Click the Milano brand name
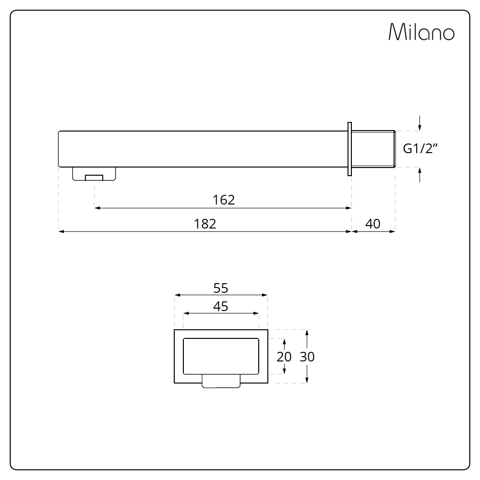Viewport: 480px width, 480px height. [421, 32]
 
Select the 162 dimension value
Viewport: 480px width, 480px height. [224, 200]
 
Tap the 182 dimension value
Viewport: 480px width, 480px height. [205, 224]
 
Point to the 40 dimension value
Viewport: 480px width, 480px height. [373, 224]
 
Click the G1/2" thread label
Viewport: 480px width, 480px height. [420, 148]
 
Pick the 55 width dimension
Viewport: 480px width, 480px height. [221, 288]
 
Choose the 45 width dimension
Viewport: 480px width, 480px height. [221, 306]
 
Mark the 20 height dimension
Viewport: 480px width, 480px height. [284, 357]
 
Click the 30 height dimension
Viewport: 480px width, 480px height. [307, 357]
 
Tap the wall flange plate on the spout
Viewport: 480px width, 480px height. [349, 149]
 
